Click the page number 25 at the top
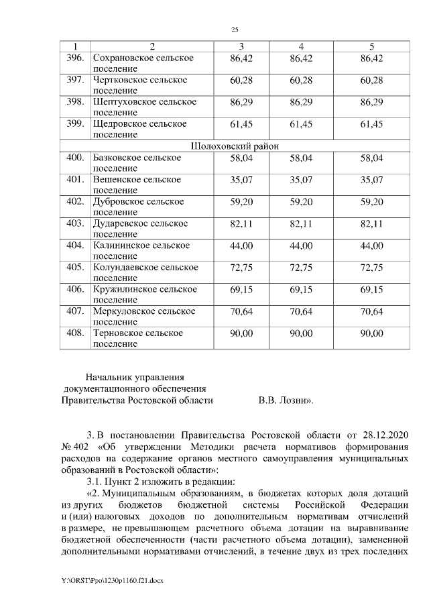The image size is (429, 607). point(235,30)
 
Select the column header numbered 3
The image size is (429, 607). point(241,46)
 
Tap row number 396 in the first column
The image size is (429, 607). point(75,58)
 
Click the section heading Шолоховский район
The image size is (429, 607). point(235,146)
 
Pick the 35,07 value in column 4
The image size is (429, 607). point(301,180)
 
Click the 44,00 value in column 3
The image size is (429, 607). point(241,245)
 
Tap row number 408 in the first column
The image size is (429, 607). point(75,333)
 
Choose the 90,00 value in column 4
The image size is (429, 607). point(301,333)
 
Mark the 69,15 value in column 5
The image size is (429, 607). point(371,289)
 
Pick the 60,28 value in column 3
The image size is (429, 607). point(241,80)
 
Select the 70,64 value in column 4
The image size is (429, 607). point(301,311)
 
